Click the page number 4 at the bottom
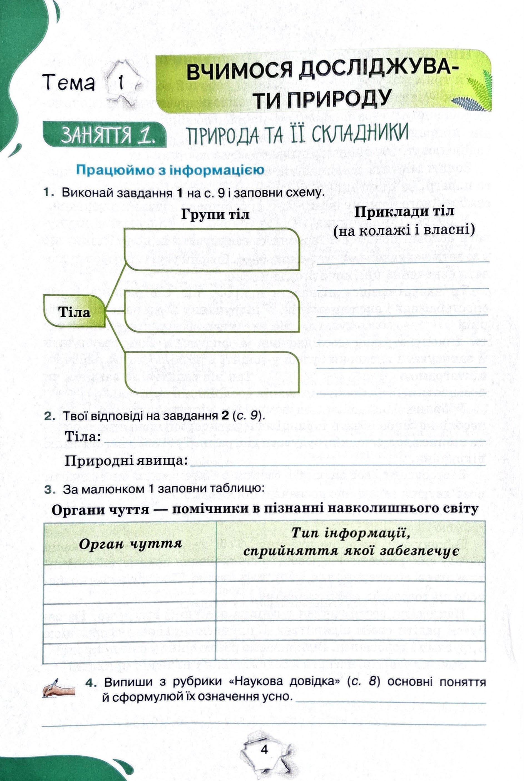pyautogui.click(x=264, y=749)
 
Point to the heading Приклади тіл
pyautogui.click(x=404, y=212)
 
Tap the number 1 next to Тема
pyautogui.click(x=121, y=82)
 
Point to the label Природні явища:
pyautogui.click(x=126, y=461)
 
